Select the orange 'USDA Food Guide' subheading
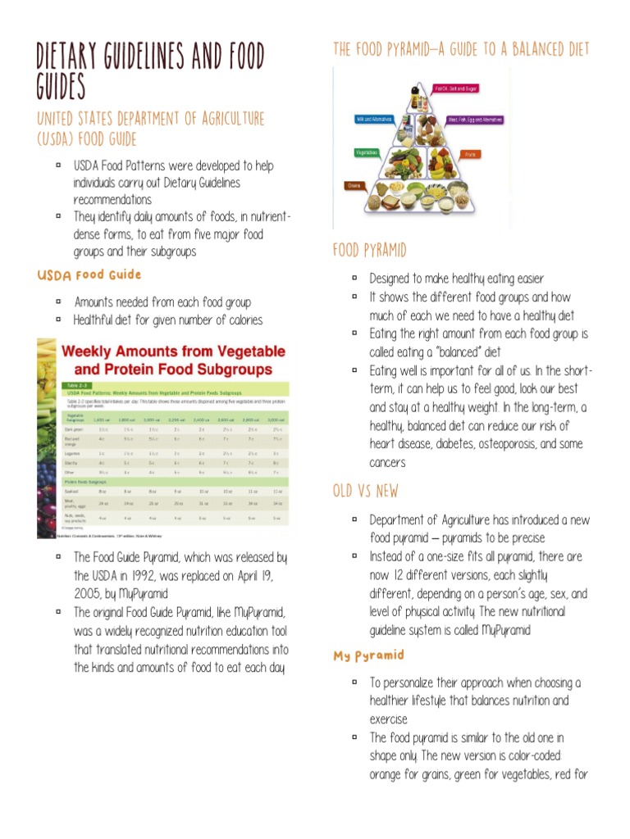[x=89, y=274]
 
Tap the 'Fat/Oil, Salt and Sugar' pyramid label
[x=455, y=88]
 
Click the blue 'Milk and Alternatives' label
[x=373, y=120]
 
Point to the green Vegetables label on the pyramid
[x=367, y=152]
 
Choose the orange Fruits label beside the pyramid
[x=471, y=153]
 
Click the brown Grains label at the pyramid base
[x=355, y=186]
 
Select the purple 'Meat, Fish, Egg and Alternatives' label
[x=475, y=120]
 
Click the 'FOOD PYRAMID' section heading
[x=369, y=249]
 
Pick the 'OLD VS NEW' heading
[x=365, y=491]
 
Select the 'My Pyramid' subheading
[x=368, y=655]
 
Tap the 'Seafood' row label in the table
[x=73, y=492]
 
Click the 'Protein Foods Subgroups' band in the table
[x=90, y=481]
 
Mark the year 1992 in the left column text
[x=138, y=575]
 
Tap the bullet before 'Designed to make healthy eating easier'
[x=354, y=279]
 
